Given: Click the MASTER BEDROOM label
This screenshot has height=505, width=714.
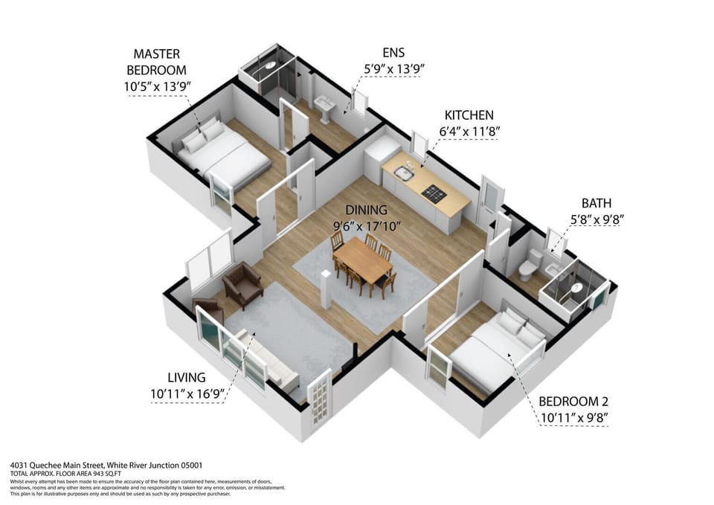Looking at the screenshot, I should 156,62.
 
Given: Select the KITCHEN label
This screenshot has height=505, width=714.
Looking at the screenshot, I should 469,115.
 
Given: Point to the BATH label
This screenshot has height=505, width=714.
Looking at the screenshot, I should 596,203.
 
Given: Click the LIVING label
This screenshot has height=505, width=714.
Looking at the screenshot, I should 186,378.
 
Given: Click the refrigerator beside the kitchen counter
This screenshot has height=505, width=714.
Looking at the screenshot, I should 379,156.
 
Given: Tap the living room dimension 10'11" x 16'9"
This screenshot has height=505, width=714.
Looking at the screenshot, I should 187,394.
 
